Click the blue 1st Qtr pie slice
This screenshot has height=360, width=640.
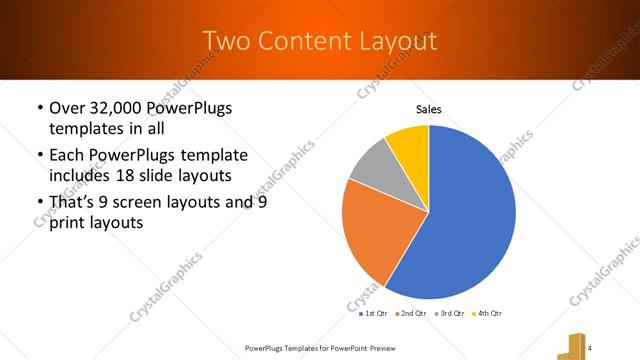tap(470, 215)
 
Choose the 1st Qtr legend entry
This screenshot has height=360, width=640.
tap(375, 312)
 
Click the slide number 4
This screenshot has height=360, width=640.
tap(591, 346)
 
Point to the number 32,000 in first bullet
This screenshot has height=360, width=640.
tap(117, 107)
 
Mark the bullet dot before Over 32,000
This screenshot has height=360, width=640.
tap(38, 108)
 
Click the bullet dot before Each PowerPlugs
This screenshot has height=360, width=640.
tap(38, 155)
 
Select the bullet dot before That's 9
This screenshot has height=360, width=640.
tap(38, 202)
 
